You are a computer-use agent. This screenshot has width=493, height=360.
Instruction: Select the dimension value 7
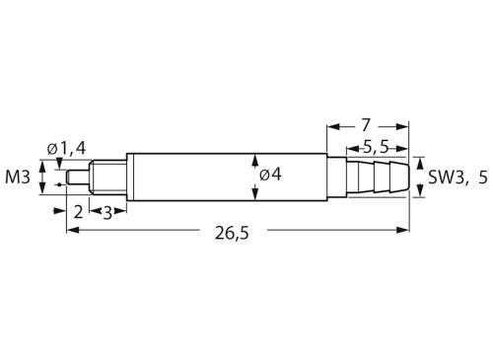pos(366,125)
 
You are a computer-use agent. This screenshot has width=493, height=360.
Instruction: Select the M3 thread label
pos(18,177)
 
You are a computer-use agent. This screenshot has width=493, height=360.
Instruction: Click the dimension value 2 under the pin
pos(78,210)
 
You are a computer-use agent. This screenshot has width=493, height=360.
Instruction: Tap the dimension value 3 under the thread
pos(106,210)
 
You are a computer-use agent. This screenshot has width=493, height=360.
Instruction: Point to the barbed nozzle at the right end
pos(379,177)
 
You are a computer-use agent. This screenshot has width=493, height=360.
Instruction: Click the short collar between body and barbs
pos(334,177)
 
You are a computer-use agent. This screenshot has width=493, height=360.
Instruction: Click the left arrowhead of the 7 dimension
pos(330,126)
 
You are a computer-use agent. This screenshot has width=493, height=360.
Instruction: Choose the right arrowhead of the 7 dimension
pos(405,126)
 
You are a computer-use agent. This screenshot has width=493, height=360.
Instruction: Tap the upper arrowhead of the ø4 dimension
pos(256,159)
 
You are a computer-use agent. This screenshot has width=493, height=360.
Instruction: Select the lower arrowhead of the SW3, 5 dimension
pos(419,191)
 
